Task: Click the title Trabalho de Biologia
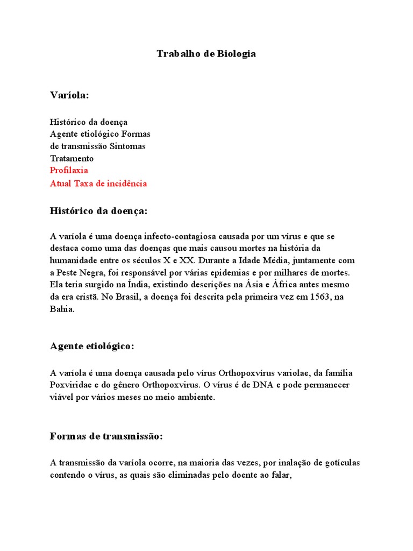206,54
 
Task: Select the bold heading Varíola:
69,95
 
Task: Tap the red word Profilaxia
69,171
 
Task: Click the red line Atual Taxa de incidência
98,183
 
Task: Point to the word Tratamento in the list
72,158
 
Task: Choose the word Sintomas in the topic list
127,146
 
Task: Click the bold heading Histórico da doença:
98,211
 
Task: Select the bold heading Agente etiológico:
92,346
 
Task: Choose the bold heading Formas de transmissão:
106,436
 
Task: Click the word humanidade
72,260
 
